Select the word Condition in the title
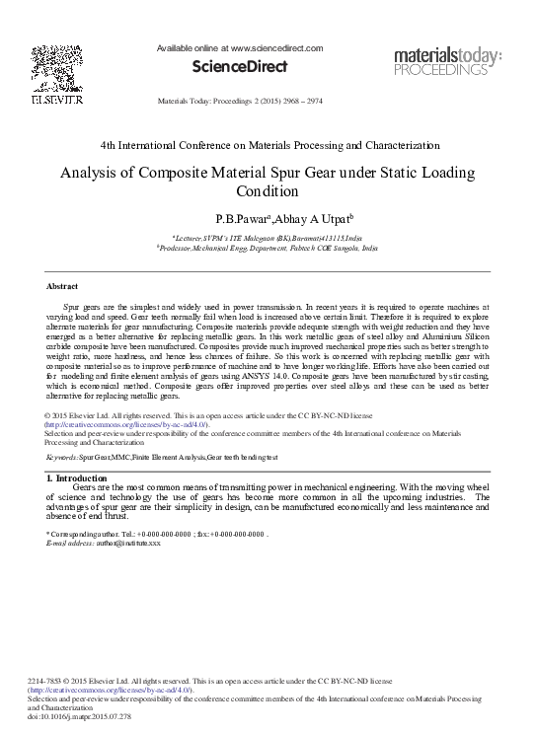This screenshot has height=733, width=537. tap(268, 190)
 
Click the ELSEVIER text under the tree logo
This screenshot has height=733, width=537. tap(48, 100)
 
